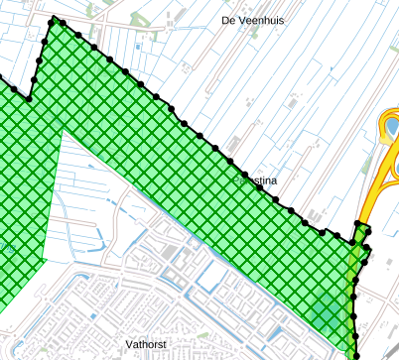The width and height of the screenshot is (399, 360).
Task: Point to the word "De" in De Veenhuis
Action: click(228, 20)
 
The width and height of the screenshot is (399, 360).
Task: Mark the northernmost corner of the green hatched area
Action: click(52, 20)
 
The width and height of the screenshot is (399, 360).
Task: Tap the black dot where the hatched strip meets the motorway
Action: click(359, 225)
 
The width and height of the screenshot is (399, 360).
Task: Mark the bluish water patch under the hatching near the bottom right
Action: click(324, 312)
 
